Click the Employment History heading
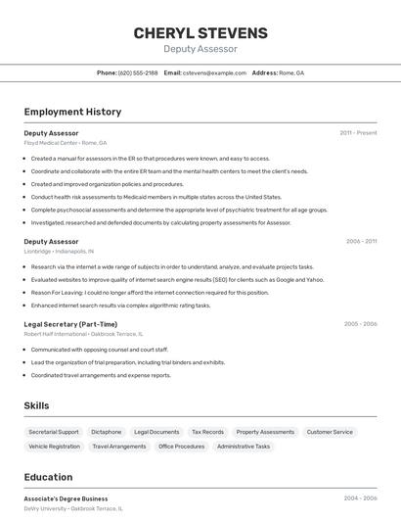(72, 112)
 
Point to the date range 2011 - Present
(358, 132)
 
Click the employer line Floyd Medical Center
(66, 143)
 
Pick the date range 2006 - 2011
(361, 241)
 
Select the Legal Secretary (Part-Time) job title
(70, 324)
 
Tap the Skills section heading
(37, 405)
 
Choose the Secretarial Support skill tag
(54, 432)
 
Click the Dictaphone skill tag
(107, 432)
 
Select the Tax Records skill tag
(207, 432)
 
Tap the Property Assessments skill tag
(265, 432)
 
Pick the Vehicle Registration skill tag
(55, 447)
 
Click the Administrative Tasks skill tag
(244, 447)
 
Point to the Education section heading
(48, 477)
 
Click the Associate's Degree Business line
(67, 498)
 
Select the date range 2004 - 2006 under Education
(360, 498)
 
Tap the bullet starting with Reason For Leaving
(150, 292)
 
